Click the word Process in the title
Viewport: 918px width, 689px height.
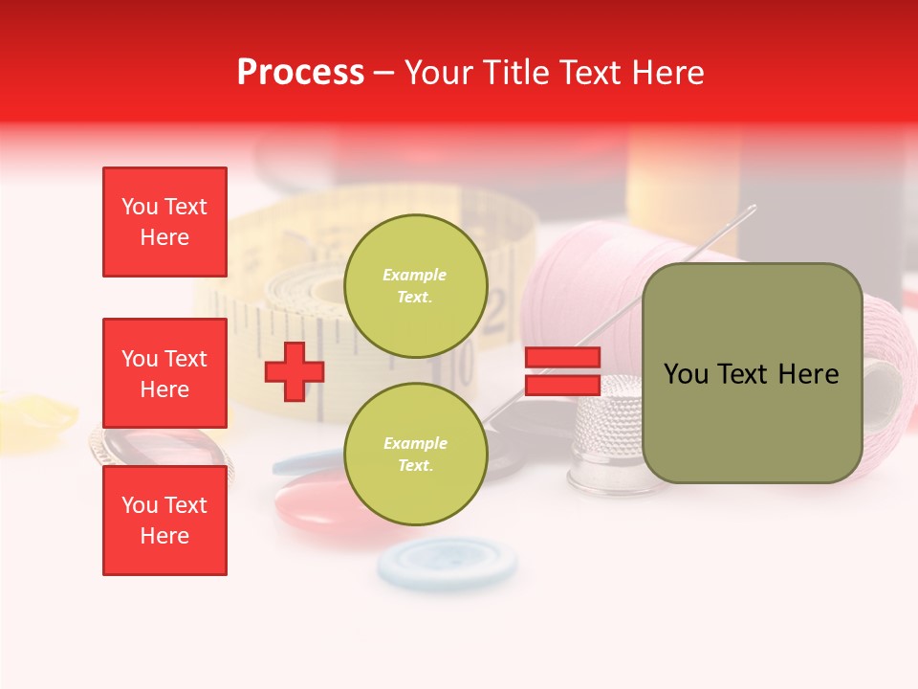[x=300, y=73]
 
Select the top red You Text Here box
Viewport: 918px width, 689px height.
[x=164, y=222]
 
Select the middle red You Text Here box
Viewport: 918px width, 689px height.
[x=164, y=373]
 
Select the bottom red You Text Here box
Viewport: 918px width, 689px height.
[x=164, y=520]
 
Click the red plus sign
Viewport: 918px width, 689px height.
[x=295, y=372]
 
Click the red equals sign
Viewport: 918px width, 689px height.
[x=562, y=372]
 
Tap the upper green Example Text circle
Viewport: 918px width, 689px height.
[x=415, y=285]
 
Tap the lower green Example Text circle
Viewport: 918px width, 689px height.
[x=415, y=454]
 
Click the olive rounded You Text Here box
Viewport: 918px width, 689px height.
[x=752, y=373]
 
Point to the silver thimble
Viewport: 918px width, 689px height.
[x=609, y=435]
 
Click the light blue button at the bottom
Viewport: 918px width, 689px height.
[x=448, y=562]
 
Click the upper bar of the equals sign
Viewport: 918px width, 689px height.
[x=562, y=358]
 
